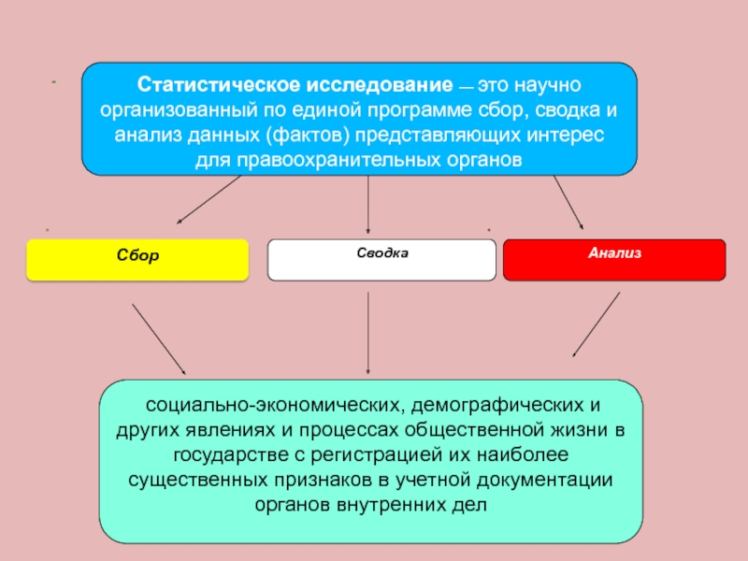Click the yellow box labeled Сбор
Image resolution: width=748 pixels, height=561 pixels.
pyautogui.click(x=137, y=259)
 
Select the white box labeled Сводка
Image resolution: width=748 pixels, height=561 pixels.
pyautogui.click(x=381, y=259)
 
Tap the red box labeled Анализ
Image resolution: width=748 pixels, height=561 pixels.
pyautogui.click(x=614, y=259)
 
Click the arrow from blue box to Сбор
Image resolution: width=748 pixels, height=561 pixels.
pyautogui.click(x=209, y=200)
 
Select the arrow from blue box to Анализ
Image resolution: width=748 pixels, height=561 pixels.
pyautogui.click(x=568, y=202)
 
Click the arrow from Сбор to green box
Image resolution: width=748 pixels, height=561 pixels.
pyautogui.click(x=158, y=338)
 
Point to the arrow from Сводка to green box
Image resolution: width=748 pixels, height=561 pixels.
pyautogui.click(x=367, y=332)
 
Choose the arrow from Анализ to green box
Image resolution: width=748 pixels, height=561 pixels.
pyautogui.click(x=596, y=324)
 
